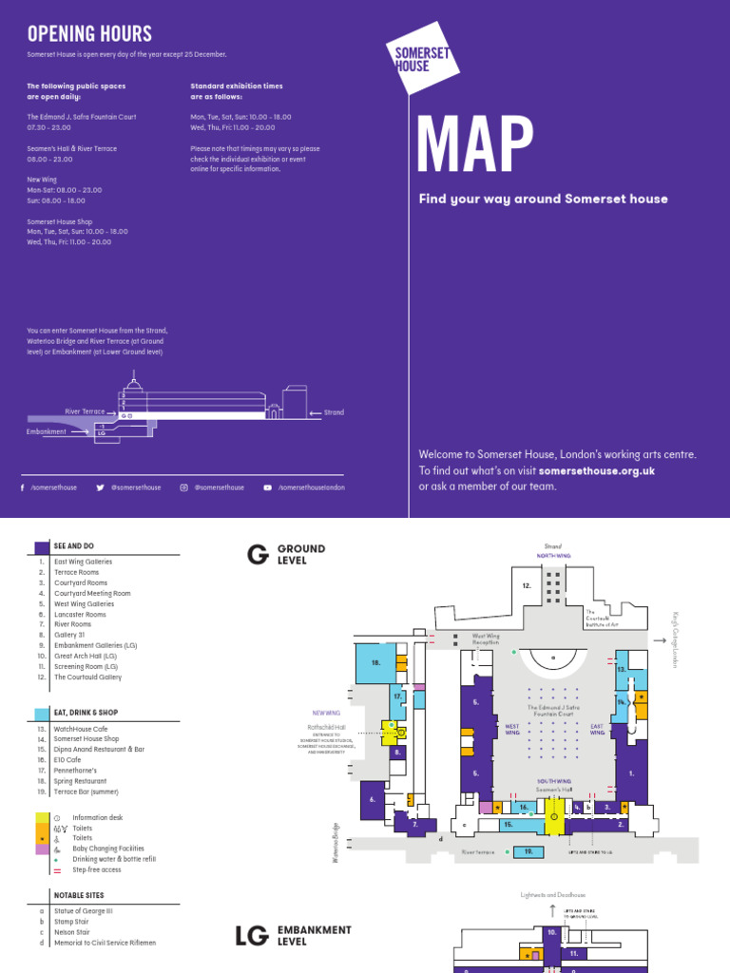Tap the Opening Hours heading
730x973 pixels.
pos(89,34)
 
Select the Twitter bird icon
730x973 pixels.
pos(100,487)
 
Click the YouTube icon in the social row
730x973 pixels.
pos(267,487)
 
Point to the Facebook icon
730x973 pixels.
pos(22,487)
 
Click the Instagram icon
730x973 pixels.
pos(183,487)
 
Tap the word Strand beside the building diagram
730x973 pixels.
pos(333,412)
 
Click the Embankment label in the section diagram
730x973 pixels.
pos(47,431)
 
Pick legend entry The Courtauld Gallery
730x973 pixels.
pos(86,677)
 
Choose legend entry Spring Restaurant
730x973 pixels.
pos(86,781)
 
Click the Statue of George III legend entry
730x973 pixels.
pos(83,910)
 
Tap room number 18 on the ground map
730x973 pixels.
pos(376,662)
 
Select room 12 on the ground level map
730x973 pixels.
pos(526,586)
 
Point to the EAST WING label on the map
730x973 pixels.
pos(597,729)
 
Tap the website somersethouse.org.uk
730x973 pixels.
pos(596,470)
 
